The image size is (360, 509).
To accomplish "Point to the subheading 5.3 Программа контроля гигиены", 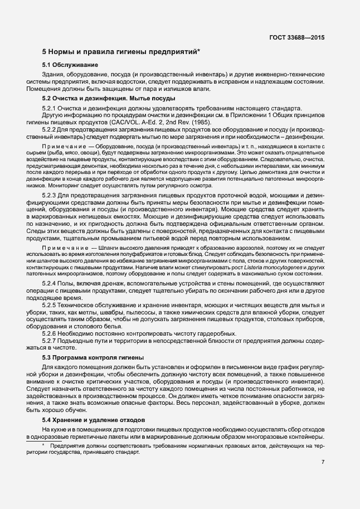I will click(x=93, y=356).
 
